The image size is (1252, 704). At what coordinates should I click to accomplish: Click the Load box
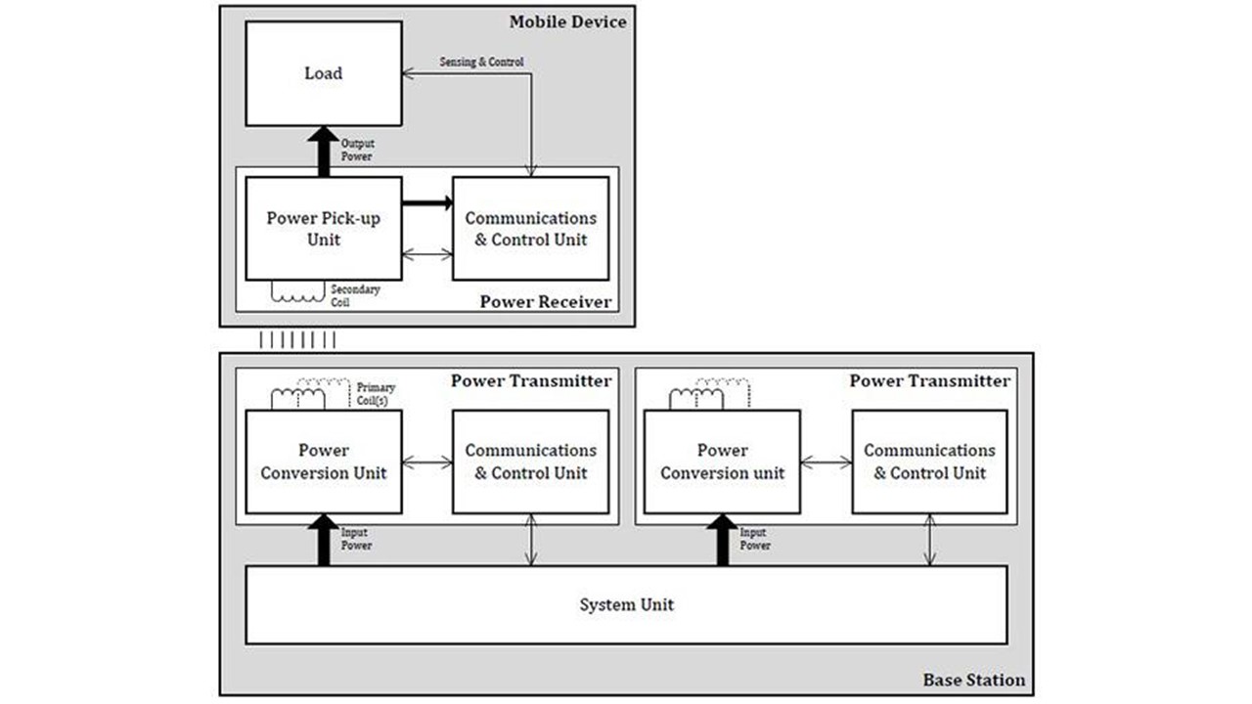click(x=323, y=73)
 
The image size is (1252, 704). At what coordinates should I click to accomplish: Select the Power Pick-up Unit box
click(x=323, y=228)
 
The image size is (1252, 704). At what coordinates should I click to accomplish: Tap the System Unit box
click(x=626, y=604)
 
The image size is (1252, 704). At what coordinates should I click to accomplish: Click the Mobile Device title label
click(x=567, y=22)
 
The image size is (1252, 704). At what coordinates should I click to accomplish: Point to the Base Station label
click(x=973, y=680)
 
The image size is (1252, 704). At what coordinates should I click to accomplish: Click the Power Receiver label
click(x=545, y=301)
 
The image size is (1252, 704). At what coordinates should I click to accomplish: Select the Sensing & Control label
click(x=481, y=62)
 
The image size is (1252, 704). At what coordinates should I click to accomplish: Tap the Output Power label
click(x=357, y=150)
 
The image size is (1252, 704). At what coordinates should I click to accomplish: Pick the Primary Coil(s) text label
click(x=376, y=394)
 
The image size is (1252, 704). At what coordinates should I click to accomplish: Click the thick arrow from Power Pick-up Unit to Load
click(x=324, y=151)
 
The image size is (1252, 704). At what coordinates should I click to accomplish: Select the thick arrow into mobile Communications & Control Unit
click(x=426, y=202)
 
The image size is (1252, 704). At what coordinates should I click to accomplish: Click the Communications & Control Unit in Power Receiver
click(x=530, y=228)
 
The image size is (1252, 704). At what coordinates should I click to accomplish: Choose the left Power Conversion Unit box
click(x=323, y=462)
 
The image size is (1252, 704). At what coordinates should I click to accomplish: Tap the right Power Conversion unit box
click(x=722, y=462)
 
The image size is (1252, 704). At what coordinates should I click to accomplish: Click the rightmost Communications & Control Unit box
click(x=929, y=462)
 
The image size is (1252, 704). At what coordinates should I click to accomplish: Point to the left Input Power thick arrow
click(x=324, y=540)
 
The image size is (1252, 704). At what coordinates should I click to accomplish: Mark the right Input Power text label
click(x=754, y=539)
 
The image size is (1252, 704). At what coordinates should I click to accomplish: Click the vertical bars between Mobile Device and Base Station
click(x=297, y=339)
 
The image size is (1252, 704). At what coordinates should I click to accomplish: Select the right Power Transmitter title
click(x=929, y=380)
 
